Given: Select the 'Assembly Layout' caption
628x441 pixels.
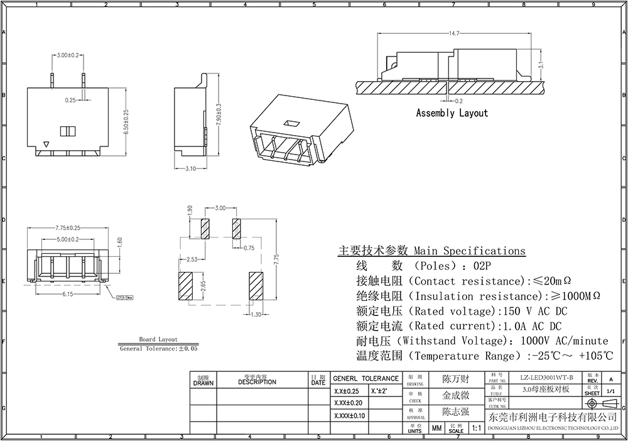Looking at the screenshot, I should point(452,113).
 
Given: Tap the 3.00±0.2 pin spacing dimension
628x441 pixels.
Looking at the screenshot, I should point(67,55).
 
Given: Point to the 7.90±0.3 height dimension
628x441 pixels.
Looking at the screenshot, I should point(218,114).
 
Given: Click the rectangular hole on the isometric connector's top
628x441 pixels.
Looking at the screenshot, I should point(290,123).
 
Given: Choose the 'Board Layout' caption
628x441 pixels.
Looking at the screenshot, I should point(158,339).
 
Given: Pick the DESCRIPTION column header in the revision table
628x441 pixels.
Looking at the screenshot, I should point(257,382).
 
